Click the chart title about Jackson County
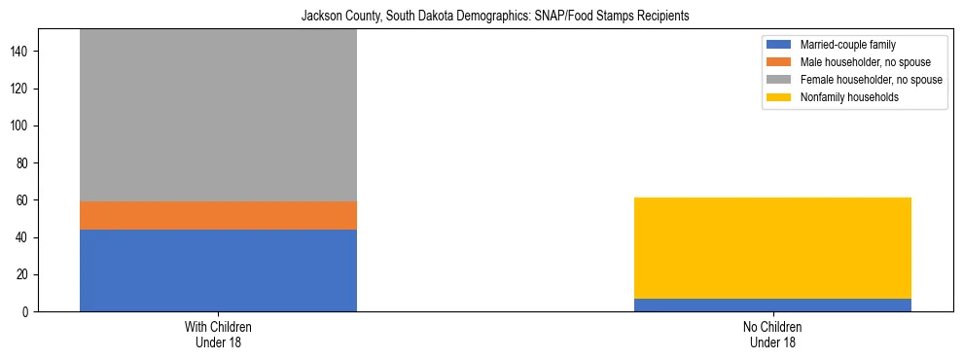tap(481, 16)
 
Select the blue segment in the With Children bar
tap(218, 270)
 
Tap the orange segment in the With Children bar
tap(218, 215)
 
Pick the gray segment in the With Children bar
tap(218, 115)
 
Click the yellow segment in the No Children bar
tap(772, 248)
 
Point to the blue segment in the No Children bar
tap(772, 305)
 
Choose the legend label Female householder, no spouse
tap(871, 80)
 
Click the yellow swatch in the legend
tap(778, 97)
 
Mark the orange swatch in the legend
tap(778, 62)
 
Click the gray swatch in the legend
tap(778, 80)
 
